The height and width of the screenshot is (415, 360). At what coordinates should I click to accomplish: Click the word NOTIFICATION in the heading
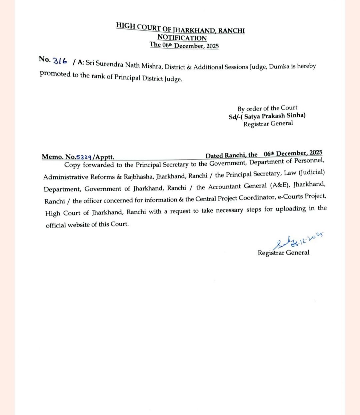point(182,38)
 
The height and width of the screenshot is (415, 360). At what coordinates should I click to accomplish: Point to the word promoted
point(55,74)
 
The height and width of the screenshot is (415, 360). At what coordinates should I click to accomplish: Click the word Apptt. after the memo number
point(105,157)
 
